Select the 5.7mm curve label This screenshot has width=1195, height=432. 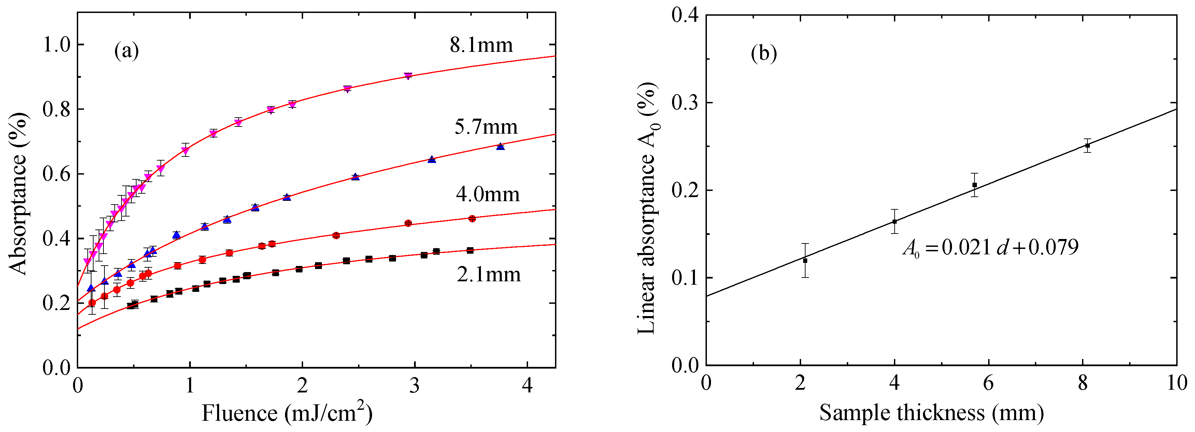486,126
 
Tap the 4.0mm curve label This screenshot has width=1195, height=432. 487,194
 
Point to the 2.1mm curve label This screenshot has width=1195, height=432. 488,274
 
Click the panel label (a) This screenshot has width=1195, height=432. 127,50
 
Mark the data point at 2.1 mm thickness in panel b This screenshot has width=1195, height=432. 805,260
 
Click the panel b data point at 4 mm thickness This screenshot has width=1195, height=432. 894,222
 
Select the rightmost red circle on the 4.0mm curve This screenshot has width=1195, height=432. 472,218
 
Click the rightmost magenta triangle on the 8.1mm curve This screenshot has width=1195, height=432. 408,76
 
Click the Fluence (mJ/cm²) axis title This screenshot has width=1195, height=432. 287,412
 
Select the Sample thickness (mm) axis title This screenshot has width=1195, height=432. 931,412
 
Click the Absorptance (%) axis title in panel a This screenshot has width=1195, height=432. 18,193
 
